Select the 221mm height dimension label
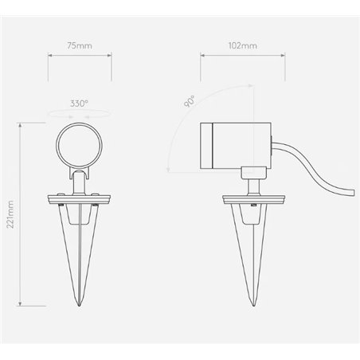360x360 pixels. click(10, 213)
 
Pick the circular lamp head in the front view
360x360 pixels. click(79, 144)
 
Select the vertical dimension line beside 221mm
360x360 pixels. click(21, 213)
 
